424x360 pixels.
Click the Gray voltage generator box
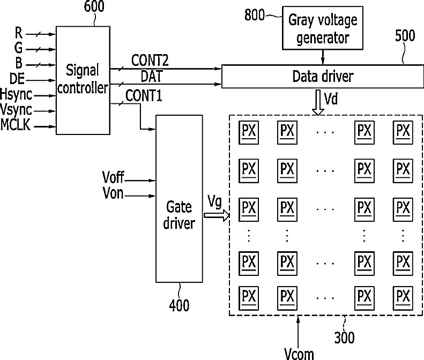(x=323, y=28)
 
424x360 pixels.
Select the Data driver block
(x=323, y=76)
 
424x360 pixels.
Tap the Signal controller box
(x=83, y=80)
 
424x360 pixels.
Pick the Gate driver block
(x=179, y=199)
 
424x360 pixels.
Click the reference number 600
(x=94, y=6)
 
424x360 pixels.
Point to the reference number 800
(x=254, y=15)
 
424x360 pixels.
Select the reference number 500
(x=405, y=36)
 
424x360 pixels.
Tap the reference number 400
(x=179, y=305)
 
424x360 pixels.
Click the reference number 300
(x=344, y=337)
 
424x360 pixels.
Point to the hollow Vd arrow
(x=318, y=102)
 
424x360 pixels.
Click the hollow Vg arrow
(x=217, y=215)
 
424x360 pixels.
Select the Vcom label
(x=299, y=354)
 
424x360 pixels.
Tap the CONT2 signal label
(x=150, y=61)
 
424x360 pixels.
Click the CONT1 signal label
(x=144, y=96)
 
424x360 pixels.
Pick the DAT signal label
(x=151, y=76)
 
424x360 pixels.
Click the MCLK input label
(x=16, y=125)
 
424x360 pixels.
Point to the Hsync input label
(x=16, y=95)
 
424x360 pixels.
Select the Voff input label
(x=113, y=177)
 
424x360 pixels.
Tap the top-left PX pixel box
(x=249, y=132)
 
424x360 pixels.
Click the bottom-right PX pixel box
(x=403, y=298)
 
